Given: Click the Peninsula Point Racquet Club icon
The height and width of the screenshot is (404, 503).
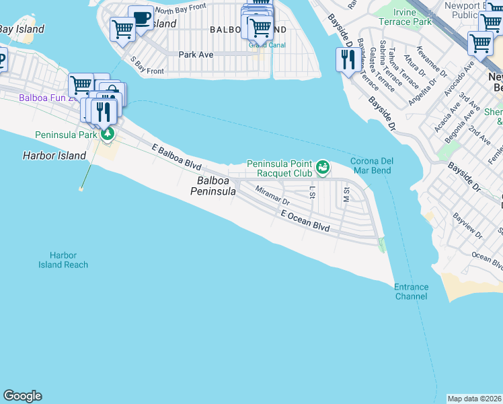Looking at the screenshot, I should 323,166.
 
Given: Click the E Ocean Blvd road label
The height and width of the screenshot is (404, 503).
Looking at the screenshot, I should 305,222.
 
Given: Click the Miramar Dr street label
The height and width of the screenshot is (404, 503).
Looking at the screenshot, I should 272,196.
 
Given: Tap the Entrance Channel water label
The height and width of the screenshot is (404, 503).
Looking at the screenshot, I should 411,292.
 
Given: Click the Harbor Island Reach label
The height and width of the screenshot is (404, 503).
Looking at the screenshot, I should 63,260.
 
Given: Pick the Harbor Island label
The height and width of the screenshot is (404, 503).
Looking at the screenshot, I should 54,156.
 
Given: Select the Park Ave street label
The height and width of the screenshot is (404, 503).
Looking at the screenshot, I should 196,54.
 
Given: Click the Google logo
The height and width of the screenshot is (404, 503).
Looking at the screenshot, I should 22,395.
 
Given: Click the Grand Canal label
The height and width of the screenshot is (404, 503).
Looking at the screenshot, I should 267,45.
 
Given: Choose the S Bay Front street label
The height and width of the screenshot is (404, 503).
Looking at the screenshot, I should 147,65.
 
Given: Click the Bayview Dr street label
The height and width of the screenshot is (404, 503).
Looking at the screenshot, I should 468,225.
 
